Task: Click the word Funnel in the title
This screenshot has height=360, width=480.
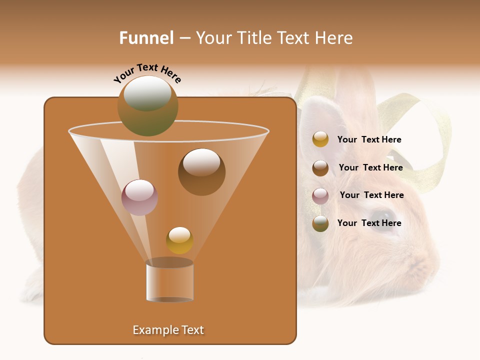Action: pos(146,38)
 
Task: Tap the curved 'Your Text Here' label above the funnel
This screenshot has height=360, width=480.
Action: pos(147,73)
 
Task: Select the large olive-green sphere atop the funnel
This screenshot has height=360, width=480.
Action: pos(148,105)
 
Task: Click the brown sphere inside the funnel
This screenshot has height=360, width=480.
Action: pos(201,172)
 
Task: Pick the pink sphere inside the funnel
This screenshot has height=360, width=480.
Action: pos(139,197)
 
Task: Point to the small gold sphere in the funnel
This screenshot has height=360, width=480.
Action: pos(179,240)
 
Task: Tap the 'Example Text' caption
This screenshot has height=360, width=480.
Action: pos(168,330)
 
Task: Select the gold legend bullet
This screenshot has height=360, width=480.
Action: pos(320,139)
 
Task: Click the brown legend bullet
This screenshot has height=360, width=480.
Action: pos(320,168)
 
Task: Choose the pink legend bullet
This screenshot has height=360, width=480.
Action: pos(320,196)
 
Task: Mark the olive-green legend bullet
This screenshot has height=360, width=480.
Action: pos(320,223)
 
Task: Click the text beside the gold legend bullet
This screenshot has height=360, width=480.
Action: pos(369,139)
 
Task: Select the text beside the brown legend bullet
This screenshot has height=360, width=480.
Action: pos(370,167)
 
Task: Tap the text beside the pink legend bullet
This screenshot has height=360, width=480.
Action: pos(371,195)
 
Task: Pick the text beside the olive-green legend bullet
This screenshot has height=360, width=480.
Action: pos(369,223)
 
